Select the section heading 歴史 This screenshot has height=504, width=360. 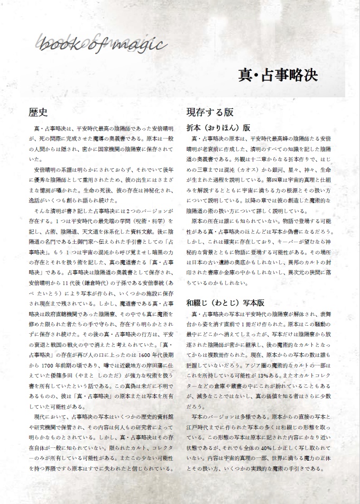click(39, 113)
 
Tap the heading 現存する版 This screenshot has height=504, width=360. click(210, 113)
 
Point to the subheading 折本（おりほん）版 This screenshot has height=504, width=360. click(218, 127)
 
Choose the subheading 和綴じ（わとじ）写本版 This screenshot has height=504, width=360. click(225, 303)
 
